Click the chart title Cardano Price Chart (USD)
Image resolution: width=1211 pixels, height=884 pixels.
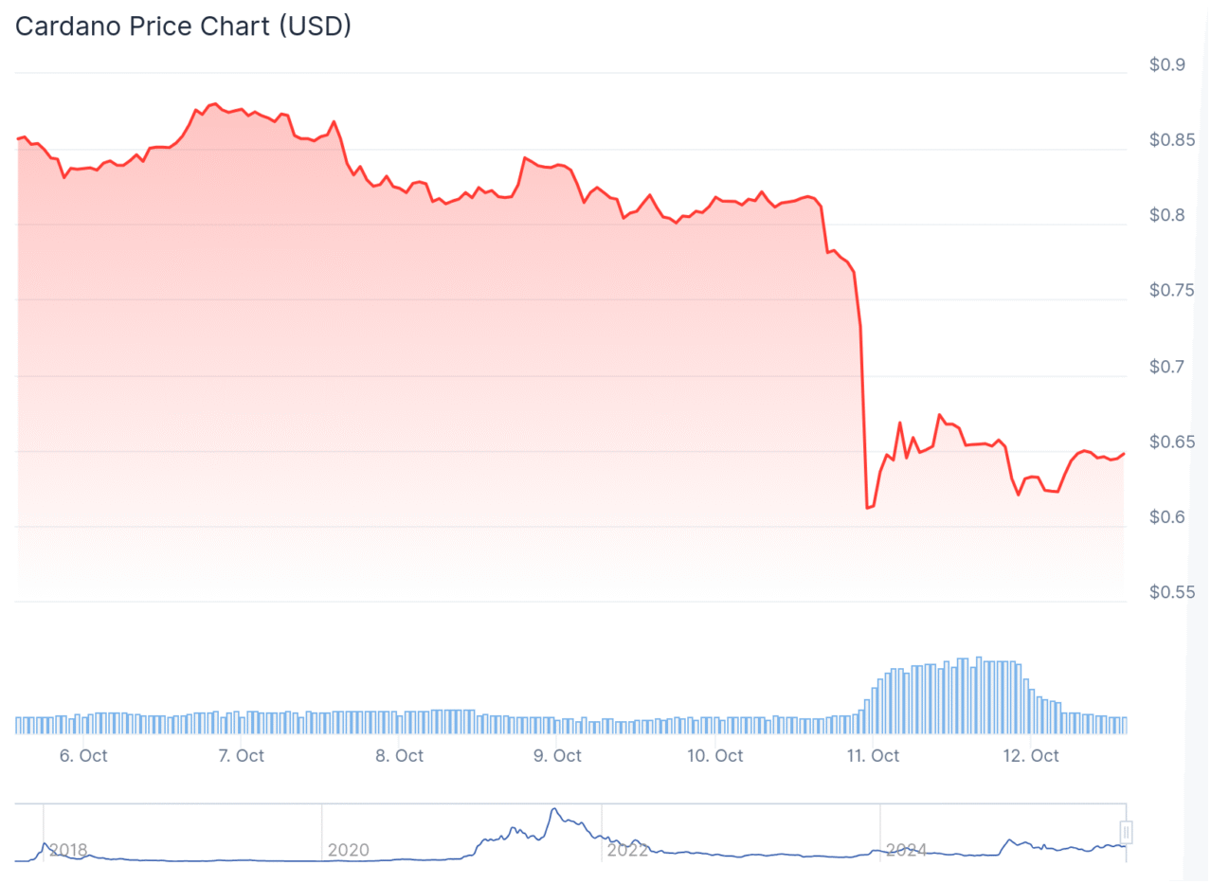[x=183, y=27]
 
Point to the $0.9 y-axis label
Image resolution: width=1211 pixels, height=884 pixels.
[x=1166, y=65]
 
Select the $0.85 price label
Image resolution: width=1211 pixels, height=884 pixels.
[x=1171, y=140]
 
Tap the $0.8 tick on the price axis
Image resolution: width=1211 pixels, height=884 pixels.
[x=1166, y=216]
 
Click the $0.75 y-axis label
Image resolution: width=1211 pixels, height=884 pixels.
[x=1171, y=291]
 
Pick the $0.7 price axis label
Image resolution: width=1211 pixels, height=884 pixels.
[x=1166, y=367]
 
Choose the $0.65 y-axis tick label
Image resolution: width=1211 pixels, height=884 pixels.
[x=1171, y=442]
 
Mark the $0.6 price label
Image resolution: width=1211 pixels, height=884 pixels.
[x=1166, y=517]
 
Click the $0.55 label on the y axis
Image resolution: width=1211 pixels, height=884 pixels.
[x=1171, y=592]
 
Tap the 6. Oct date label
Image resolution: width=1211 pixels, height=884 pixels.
[x=83, y=755]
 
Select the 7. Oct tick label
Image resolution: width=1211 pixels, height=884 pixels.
[x=241, y=755]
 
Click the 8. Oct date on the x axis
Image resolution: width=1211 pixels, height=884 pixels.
[x=399, y=755]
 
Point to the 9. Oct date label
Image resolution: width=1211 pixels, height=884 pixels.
[x=557, y=755]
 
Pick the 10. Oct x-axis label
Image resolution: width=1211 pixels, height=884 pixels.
[x=714, y=755]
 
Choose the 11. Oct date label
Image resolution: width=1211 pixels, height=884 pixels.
[x=873, y=755]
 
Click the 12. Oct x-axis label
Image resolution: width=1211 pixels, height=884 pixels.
[x=1031, y=755]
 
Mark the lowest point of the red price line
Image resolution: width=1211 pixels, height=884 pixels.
[x=867, y=508]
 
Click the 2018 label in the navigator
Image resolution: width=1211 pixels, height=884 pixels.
[x=67, y=850]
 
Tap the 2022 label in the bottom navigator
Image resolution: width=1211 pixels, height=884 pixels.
[x=627, y=850]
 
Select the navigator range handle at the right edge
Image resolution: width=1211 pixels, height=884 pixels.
[x=1126, y=832]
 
